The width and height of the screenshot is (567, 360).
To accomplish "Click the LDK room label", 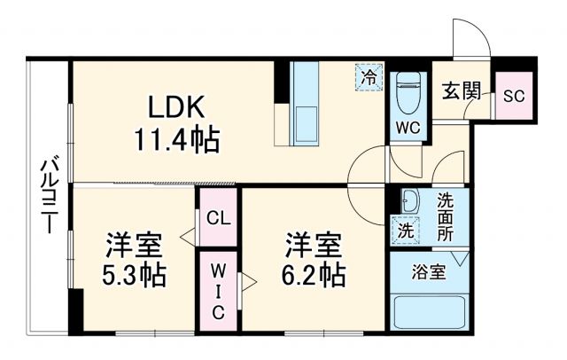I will click(177, 107).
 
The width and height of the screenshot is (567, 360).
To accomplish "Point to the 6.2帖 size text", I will click(313, 274).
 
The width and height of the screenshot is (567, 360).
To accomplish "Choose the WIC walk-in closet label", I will click(218, 287).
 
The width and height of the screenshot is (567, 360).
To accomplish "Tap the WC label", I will click(408, 126).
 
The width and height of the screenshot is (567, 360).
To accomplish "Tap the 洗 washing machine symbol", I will click(404, 229).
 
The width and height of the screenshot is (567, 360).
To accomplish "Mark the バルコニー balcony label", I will click(50, 196).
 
